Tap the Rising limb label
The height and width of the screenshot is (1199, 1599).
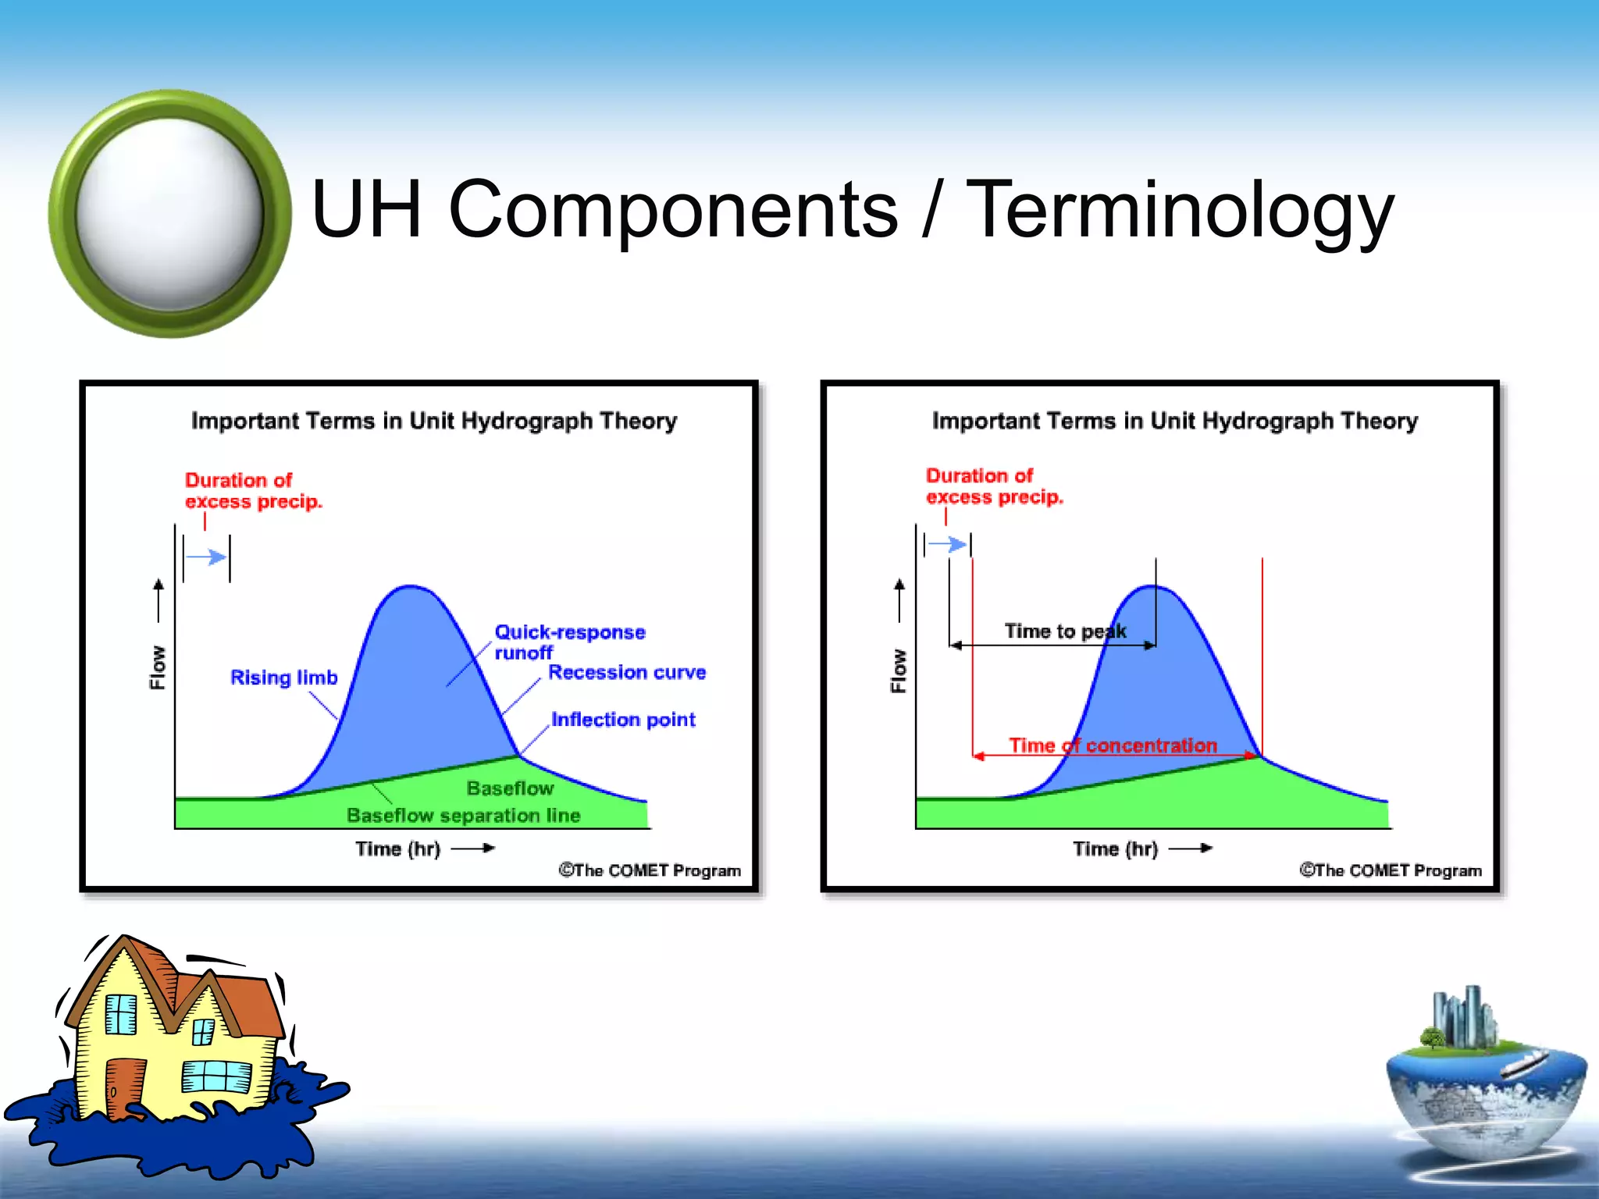pos(283,678)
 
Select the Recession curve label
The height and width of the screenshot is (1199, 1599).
pos(626,673)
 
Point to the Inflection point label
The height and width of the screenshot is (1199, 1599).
pos(622,720)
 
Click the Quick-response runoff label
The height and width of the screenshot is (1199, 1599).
pos(568,642)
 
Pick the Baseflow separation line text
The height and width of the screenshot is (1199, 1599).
pos(463,816)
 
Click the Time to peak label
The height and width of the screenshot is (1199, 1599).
pos(1064,631)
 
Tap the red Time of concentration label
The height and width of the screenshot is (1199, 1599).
pos(1112,745)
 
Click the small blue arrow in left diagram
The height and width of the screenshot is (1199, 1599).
pos(207,557)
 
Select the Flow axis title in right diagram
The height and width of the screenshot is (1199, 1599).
pos(899,671)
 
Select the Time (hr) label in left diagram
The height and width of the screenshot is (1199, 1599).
pos(397,849)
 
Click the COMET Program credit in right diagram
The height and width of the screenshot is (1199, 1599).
pos(1390,870)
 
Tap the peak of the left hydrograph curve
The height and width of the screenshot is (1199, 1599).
pos(410,587)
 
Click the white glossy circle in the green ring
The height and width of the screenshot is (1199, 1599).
pos(170,213)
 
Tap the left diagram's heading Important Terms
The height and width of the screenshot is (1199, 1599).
pos(433,421)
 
